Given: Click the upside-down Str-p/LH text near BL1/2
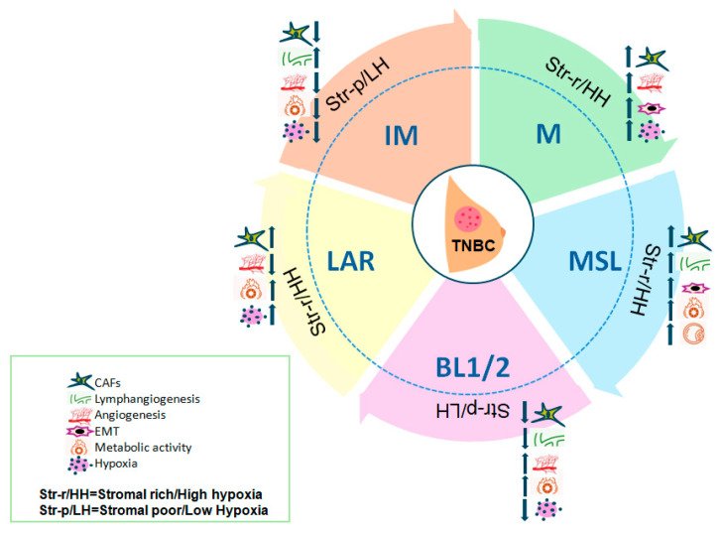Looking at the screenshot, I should (475, 407).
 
